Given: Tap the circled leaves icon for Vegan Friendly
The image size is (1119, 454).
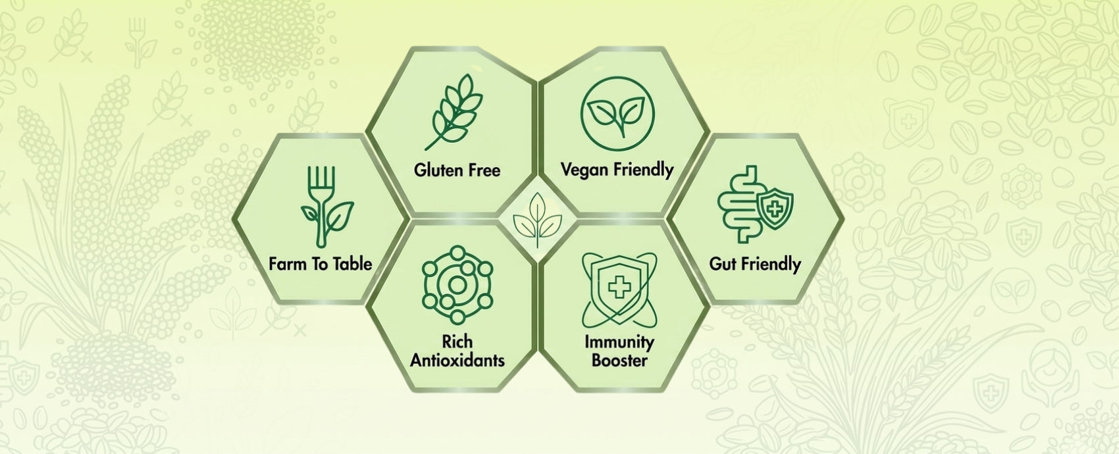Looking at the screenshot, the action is (x=617, y=113).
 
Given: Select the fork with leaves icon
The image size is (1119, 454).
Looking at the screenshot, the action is (x=325, y=207).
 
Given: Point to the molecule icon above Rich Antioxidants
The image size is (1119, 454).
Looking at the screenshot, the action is (x=457, y=285).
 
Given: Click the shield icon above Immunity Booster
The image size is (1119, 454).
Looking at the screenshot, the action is (x=619, y=290).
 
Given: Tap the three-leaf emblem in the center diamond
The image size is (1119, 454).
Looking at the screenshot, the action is (x=538, y=220).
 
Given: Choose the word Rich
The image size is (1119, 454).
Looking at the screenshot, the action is (x=457, y=341).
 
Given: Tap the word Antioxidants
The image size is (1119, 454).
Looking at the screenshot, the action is (x=457, y=360).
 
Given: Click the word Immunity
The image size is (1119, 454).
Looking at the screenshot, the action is (x=619, y=343).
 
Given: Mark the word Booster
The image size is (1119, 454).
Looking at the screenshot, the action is (x=619, y=360).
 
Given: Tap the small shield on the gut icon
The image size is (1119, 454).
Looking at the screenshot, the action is (x=775, y=209).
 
